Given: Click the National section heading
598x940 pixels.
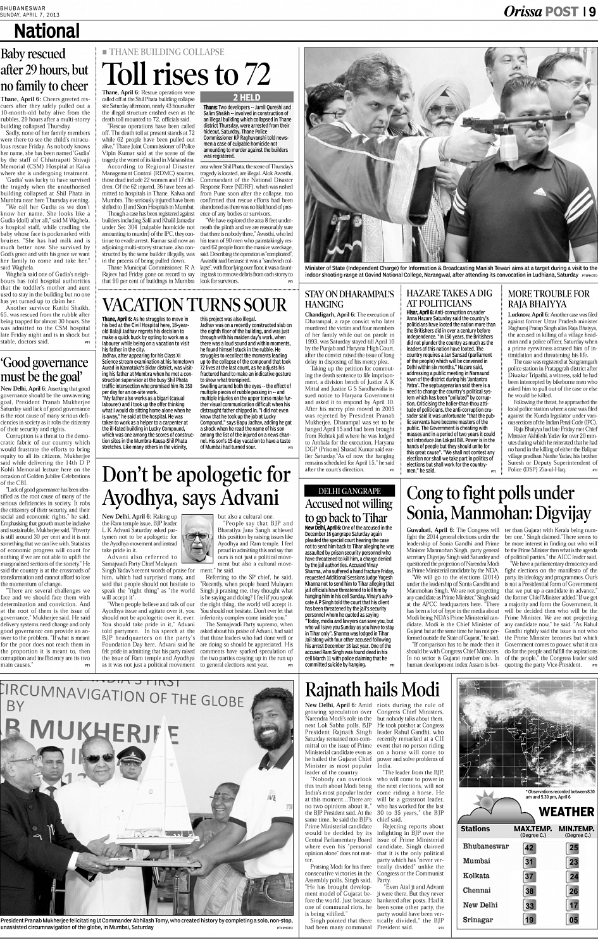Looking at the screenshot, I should [47, 31].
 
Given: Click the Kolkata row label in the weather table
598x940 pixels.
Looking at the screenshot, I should [477, 876].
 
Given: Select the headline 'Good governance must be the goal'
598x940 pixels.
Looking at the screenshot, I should [46, 370].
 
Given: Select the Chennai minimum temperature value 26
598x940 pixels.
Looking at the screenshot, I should [573, 891].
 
